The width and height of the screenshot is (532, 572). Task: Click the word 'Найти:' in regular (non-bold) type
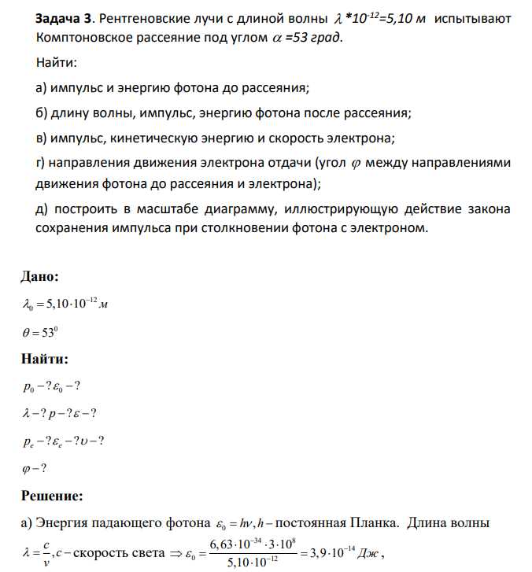[56, 62]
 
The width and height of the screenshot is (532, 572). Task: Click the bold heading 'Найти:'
[44, 359]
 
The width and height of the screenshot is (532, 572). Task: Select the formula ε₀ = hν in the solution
[235, 523]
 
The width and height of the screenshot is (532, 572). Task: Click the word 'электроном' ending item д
[390, 229]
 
